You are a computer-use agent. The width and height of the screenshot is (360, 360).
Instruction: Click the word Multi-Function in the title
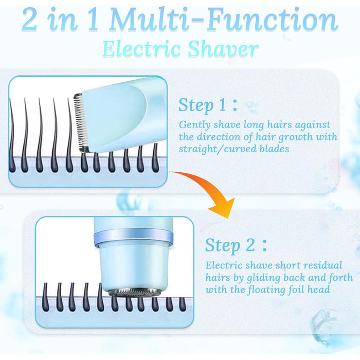pos(223,20)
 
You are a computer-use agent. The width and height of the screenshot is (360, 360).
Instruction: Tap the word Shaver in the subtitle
pos(223,49)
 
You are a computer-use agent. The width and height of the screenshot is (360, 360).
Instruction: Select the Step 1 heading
pos(208,105)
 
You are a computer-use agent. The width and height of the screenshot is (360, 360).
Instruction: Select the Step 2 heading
pos(236,245)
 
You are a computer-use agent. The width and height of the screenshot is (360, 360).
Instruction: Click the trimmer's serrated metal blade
pos(79,122)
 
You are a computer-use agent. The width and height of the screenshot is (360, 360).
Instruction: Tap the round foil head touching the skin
pos(135,292)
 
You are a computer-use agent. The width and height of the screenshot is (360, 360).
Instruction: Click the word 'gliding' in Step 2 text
pos(263,278)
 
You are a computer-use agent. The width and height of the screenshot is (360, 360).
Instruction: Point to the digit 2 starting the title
pos(29,20)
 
